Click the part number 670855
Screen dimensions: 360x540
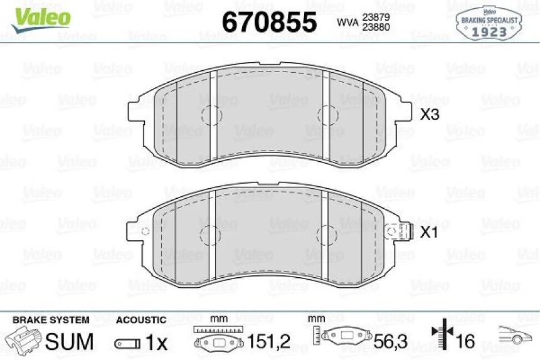270,23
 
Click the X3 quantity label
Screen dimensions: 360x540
430,115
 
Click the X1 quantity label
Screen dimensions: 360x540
429,233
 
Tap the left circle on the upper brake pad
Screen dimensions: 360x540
211,115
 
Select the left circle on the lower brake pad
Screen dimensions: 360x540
209,235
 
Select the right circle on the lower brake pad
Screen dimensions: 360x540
327,235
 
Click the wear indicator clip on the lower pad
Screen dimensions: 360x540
399,231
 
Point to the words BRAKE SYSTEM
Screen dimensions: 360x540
51,320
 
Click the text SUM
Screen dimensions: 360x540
70,342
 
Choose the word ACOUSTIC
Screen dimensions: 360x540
141,320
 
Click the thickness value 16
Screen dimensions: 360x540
465,342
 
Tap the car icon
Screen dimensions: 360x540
514,336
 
